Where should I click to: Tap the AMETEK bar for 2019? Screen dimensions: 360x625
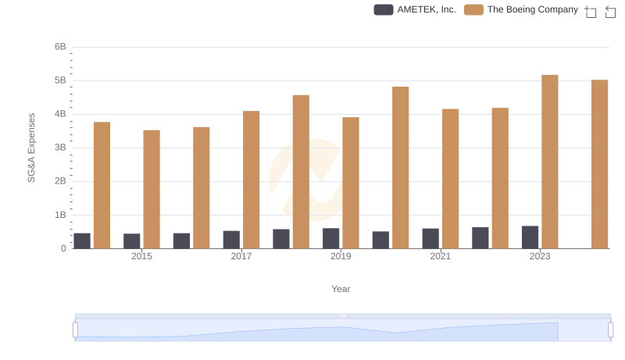point(331,238)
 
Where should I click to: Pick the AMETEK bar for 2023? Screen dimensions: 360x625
point(530,237)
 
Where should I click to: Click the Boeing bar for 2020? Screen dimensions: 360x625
point(400,167)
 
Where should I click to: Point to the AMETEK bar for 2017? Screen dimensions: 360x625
point(231,239)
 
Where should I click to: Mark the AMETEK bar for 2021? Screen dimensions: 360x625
point(430,238)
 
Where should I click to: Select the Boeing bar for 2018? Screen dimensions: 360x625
point(301,172)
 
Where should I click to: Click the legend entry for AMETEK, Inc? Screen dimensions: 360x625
point(415,10)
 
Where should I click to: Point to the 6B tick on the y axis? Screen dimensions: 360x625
point(60,47)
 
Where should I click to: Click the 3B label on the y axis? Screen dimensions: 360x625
point(60,148)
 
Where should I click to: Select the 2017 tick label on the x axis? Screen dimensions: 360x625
point(241,256)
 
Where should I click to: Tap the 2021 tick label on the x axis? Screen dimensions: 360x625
point(440,256)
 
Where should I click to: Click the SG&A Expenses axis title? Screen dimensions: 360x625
point(32,148)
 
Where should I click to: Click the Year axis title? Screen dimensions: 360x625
point(341,289)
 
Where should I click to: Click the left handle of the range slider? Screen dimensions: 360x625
point(76,330)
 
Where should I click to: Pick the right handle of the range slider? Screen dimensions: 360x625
point(611,330)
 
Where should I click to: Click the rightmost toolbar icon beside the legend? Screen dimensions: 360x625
point(610,11)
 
